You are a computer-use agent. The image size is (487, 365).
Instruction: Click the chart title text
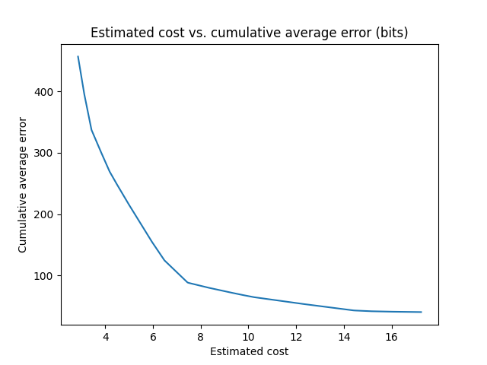point(249,33)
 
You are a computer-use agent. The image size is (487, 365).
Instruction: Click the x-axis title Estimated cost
point(249,351)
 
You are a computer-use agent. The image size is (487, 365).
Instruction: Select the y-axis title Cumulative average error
point(23,185)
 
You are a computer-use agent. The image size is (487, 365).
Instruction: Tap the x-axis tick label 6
point(153,337)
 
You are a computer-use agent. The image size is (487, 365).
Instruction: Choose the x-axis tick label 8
point(201,337)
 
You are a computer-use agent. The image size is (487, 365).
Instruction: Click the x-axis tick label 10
point(248,337)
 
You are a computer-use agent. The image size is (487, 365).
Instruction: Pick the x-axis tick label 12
point(296,337)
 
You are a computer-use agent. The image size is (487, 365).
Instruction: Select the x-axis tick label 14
point(344,337)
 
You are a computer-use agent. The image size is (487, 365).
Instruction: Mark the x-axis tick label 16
point(392,337)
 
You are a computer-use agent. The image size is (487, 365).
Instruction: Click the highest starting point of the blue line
point(78,56)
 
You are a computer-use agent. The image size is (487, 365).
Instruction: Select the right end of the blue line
point(421,312)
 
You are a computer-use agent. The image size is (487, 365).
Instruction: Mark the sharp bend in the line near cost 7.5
point(188,283)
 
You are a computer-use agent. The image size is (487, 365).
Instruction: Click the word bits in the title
point(394,33)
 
